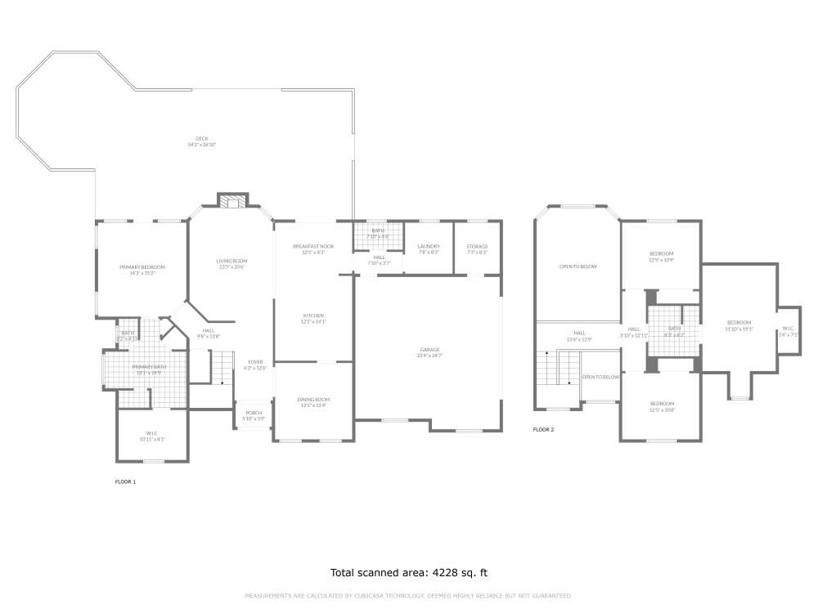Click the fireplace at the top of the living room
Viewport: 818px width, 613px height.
tap(232, 201)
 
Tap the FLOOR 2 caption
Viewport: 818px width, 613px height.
tap(543, 429)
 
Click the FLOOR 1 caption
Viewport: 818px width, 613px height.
tap(125, 482)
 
